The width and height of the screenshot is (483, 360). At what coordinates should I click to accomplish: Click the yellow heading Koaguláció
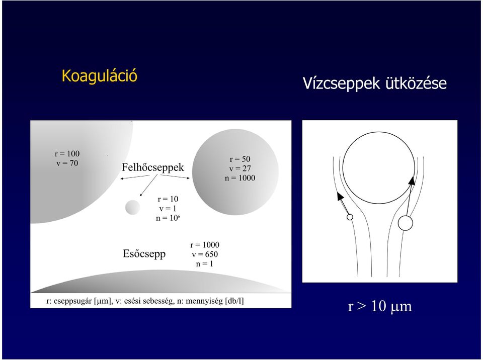(99, 76)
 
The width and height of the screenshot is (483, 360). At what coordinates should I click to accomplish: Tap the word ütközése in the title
(416, 83)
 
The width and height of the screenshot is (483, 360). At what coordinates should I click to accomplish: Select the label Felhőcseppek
(153, 167)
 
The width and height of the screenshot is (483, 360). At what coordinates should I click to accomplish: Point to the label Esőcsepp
(144, 254)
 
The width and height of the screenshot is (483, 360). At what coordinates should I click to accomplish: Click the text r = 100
(67, 154)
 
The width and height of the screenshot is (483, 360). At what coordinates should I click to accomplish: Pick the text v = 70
(67, 163)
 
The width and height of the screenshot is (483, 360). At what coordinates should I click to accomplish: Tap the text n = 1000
(240, 178)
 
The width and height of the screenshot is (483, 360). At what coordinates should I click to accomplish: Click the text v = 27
(240, 168)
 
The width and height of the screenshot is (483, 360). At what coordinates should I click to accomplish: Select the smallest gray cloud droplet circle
(133, 207)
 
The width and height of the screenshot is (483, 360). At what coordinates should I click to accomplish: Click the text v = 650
(205, 254)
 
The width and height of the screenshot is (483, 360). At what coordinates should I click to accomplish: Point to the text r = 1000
(205, 245)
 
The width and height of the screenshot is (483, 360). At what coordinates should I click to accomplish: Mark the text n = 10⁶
(168, 218)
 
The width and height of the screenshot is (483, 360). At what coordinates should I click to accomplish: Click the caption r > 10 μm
(380, 306)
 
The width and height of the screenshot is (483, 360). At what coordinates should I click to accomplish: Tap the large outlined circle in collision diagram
(378, 132)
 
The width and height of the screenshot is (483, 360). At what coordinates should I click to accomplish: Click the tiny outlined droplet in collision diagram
(350, 217)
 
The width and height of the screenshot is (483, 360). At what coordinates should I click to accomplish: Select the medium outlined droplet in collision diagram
(406, 223)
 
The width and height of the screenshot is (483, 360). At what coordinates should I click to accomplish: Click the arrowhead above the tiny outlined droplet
(340, 196)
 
